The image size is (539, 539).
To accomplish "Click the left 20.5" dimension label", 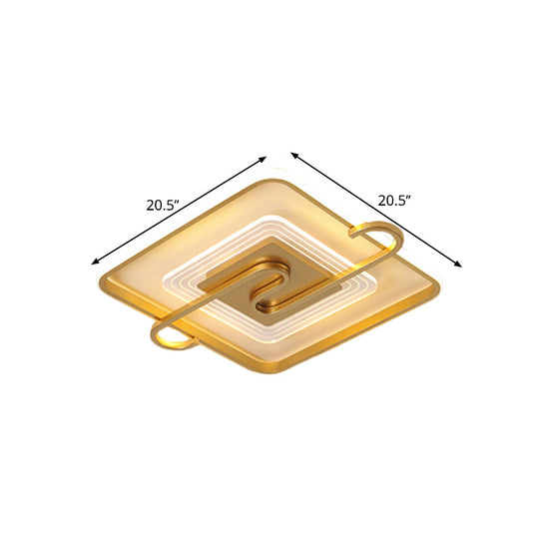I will click(161, 207).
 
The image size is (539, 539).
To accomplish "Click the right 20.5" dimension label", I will click(394, 200).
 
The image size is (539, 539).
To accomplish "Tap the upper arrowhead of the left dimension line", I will click(265, 158).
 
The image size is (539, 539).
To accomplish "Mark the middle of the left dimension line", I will click(181, 210).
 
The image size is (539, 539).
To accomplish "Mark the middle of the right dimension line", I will click(377, 210).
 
